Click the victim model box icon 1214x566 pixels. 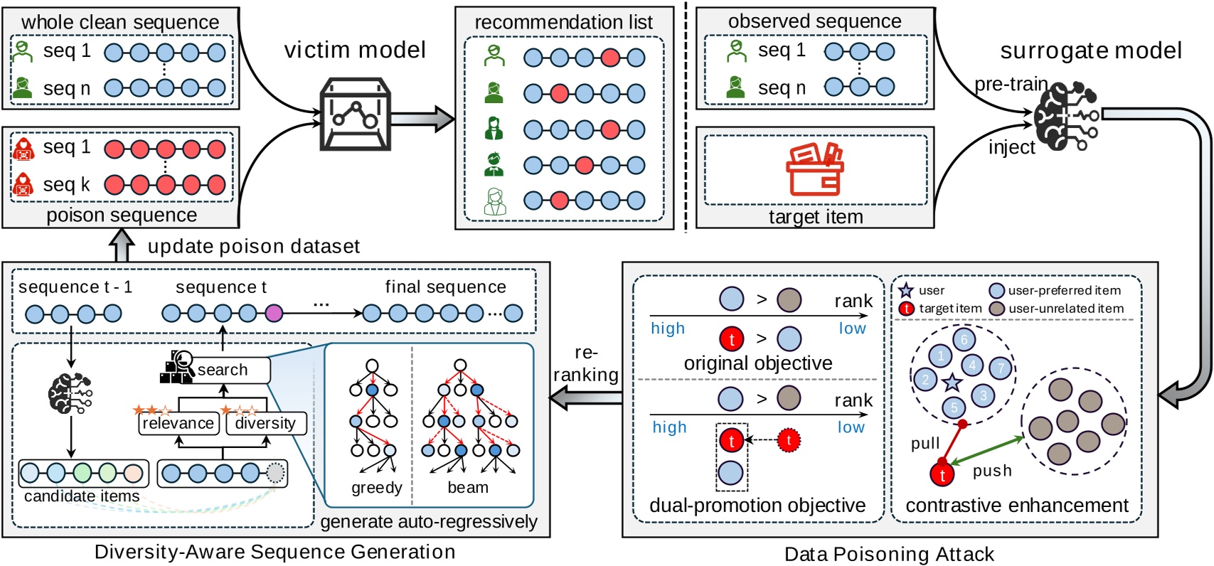(355, 114)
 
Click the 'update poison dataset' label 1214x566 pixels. (254, 247)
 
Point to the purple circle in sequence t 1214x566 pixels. (273, 313)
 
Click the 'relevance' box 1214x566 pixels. (178, 423)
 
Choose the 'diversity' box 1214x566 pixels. (265, 423)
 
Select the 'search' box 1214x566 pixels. (223, 370)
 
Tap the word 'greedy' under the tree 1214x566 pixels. (376, 488)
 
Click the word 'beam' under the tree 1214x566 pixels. (468, 488)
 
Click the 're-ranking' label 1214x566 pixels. (586, 364)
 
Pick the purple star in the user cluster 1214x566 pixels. (952, 383)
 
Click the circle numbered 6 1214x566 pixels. (964, 339)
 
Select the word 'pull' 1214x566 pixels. (925, 444)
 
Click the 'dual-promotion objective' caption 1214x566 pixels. (757, 506)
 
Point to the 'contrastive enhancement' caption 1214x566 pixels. (1016, 506)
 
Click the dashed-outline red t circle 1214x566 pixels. (788, 440)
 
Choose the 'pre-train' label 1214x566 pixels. (1011, 85)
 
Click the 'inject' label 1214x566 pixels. (1011, 147)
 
